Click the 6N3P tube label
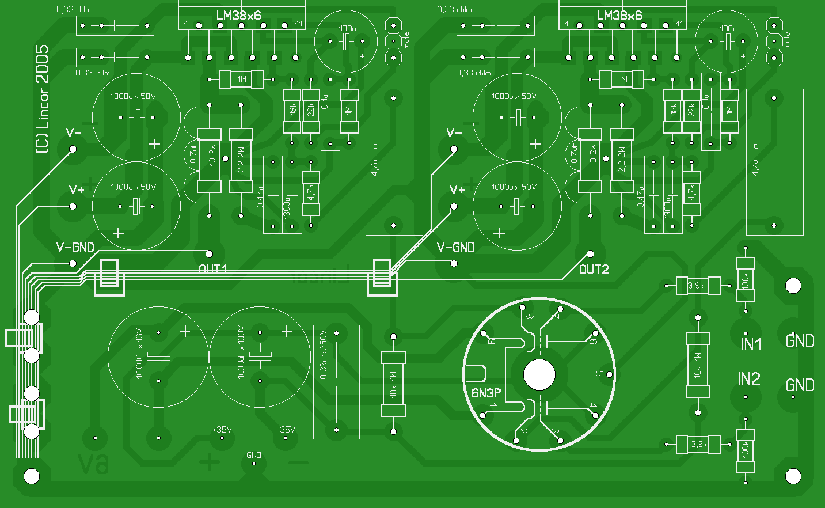pos(486,393)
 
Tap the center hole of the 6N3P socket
pos(539,375)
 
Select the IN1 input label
pos(751,344)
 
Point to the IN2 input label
pos(749,378)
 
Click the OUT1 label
pos(213,269)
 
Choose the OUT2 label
pos(594,270)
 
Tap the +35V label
pos(222,430)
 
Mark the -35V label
pos(285,430)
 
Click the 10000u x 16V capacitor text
pos(139,354)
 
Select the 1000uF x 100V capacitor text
pos(241,352)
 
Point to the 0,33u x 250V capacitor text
pos(324,354)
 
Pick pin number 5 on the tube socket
pos(599,374)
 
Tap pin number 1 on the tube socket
pos(493,406)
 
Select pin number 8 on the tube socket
pos(529,316)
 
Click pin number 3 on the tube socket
pos(555,431)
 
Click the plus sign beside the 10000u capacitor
pos(185,331)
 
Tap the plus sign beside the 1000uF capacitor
pos(287,331)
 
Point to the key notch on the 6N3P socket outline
pos(476,374)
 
